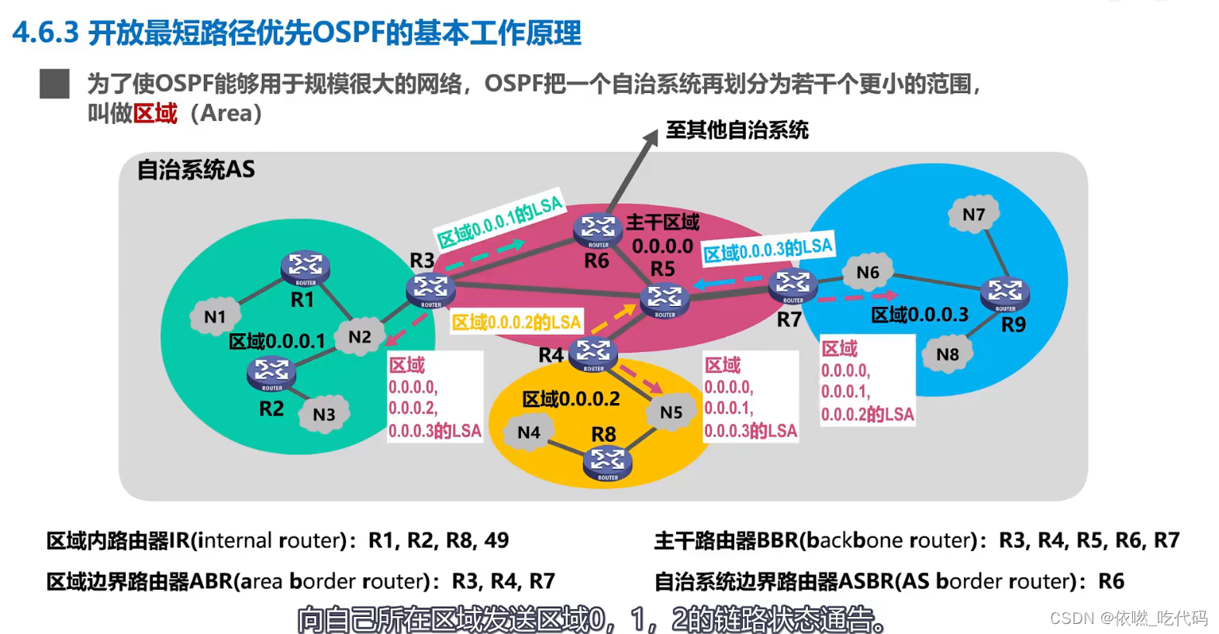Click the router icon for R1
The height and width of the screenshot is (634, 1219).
point(305,267)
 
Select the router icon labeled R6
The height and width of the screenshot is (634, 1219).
point(598,229)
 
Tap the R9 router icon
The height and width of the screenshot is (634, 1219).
point(1005,292)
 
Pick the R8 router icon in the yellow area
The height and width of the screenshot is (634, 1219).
point(607,462)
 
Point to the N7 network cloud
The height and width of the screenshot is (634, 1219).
point(973,214)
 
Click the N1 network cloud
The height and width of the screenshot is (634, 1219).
point(214,316)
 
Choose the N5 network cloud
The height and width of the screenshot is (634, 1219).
point(671,412)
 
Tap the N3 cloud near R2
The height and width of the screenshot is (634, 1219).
point(323,414)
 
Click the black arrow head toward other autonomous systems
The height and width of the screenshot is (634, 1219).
point(650,137)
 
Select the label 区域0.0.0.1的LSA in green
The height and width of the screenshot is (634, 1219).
point(499,222)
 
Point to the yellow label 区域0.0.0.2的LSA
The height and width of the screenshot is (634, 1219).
point(516,322)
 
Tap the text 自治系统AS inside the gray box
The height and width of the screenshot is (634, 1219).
point(195,170)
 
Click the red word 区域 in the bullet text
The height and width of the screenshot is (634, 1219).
point(155,113)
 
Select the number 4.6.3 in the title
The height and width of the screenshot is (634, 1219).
point(46,33)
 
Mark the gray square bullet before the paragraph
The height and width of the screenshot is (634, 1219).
point(54,84)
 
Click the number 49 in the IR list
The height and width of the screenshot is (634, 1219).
point(496,540)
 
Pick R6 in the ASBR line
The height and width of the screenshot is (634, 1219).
point(1111,581)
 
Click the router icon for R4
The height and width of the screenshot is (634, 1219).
point(593,353)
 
